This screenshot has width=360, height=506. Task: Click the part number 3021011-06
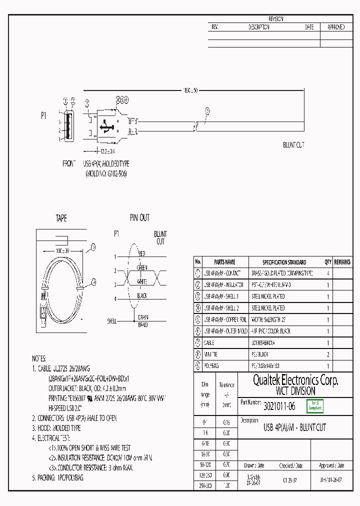[x=279, y=407]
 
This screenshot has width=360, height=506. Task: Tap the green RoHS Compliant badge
[x=315, y=406]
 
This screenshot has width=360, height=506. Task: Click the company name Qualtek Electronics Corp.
[x=295, y=380]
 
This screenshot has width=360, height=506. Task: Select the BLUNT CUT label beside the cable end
[x=293, y=145]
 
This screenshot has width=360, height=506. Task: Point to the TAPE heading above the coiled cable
[x=61, y=218]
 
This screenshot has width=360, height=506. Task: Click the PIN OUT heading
[x=139, y=218]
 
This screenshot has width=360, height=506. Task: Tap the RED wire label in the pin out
[x=141, y=253]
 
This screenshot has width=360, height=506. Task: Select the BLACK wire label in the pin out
[x=142, y=295]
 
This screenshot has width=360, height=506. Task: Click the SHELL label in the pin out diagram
[x=112, y=320]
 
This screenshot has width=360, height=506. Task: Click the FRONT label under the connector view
[x=69, y=164]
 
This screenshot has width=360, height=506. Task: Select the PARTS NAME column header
[x=224, y=262]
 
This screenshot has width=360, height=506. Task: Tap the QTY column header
[x=328, y=262]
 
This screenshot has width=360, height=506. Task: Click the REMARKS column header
[x=342, y=262]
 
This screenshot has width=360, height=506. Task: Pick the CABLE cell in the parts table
[x=209, y=343]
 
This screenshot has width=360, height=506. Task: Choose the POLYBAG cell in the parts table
[x=211, y=366]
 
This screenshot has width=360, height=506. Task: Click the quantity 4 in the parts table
[x=328, y=273]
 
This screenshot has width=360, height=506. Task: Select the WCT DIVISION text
[x=295, y=391]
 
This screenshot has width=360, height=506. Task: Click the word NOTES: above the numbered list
[x=39, y=358]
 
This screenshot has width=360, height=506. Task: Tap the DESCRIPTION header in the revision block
[x=259, y=27]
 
